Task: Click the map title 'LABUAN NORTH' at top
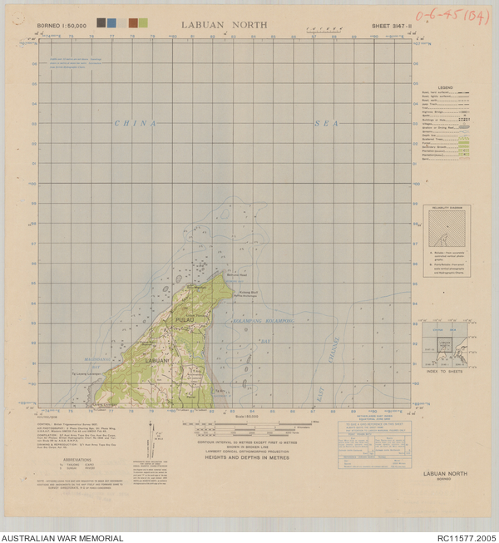tap(224, 25)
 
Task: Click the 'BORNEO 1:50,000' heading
tap(62, 26)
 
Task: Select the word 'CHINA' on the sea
tap(135, 123)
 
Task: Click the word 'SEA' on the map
tap(326, 123)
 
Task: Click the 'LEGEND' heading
tap(445, 86)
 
